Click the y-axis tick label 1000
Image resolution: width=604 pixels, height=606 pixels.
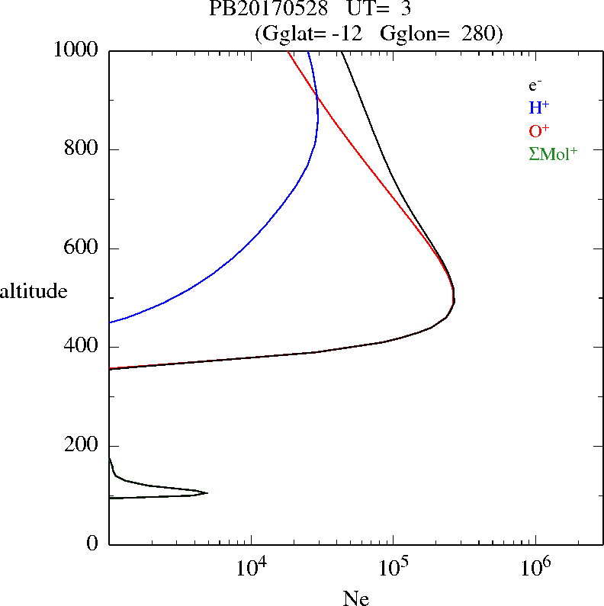(76, 50)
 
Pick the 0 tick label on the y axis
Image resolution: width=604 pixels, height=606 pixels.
(94, 544)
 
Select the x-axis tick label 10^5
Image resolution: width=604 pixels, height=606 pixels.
(393, 568)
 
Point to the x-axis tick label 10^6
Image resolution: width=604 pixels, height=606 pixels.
(535, 568)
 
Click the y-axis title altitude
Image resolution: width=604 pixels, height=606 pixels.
(34, 291)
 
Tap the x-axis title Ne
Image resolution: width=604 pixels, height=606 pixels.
(355, 598)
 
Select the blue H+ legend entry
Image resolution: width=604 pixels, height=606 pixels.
(538, 108)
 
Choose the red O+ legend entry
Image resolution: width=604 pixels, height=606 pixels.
(539, 131)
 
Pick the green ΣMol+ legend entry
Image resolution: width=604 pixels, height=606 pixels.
(552, 153)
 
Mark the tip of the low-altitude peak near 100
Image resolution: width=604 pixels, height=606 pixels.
(207, 492)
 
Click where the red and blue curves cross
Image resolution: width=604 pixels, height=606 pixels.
(317, 95)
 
